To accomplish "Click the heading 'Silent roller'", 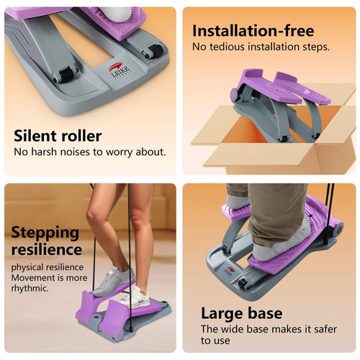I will click(58, 135).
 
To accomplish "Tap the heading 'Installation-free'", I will click(253, 30).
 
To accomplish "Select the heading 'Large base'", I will click(241, 313).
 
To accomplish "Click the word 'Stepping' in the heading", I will click(45, 233).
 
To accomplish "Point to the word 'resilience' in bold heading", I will click(47, 249).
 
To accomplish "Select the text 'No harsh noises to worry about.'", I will click(90, 152).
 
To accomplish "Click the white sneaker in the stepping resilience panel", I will click(112, 278).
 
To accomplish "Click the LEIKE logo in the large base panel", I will click(228, 271).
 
